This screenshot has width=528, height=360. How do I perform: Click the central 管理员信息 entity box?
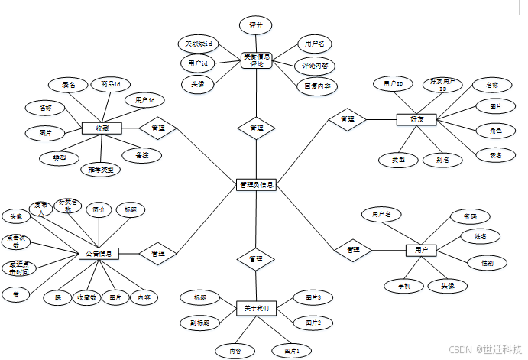(x=256, y=184)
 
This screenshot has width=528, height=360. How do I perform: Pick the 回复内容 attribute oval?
(x=316, y=86)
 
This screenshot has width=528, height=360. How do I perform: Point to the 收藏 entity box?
(x=102, y=128)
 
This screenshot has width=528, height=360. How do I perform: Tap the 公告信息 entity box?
(x=99, y=254)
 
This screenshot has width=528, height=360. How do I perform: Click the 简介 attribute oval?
(x=98, y=209)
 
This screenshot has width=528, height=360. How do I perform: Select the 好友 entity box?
(x=416, y=119)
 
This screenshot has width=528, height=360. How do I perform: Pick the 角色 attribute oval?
(x=495, y=131)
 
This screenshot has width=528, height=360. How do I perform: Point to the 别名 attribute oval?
(x=443, y=160)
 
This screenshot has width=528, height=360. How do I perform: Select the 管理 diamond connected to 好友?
(x=347, y=119)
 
